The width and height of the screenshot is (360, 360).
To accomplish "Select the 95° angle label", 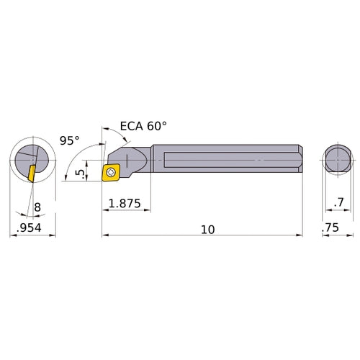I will (69, 141).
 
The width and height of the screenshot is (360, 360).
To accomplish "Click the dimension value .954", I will (28, 230).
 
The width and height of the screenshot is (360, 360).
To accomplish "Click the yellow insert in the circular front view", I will (32, 174).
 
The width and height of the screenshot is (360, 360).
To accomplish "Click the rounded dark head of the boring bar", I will (133, 158).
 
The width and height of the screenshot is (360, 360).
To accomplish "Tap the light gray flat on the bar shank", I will (216, 159).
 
